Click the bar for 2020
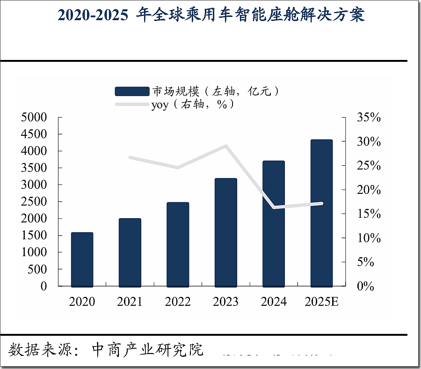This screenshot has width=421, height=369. click(x=82, y=259)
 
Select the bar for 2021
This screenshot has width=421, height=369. click(x=130, y=252)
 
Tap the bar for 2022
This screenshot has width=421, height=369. click(x=178, y=244)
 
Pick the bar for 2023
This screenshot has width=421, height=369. click(x=225, y=232)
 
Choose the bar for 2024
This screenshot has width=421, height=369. click(x=274, y=223)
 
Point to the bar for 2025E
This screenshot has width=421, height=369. click(x=321, y=213)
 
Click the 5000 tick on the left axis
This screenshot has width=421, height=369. click(x=34, y=117)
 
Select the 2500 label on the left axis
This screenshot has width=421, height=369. click(x=34, y=201)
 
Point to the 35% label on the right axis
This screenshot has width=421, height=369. click(x=369, y=118)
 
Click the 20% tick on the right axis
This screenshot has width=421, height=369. click(x=369, y=190)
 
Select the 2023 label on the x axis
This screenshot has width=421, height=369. click(x=225, y=302)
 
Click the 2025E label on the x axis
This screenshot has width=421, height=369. click(x=321, y=302)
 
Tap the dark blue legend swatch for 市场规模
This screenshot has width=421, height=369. click(x=132, y=91)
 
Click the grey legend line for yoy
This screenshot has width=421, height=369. click(x=132, y=104)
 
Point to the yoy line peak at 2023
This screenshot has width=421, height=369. click(x=225, y=146)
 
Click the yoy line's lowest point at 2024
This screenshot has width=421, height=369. click(x=274, y=207)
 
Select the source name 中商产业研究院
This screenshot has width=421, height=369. click(x=148, y=349)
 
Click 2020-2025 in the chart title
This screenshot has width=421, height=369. click(x=93, y=15)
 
